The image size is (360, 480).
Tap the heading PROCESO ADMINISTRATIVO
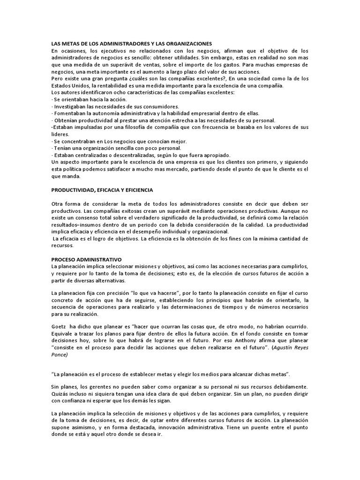pyautogui.click(x=86, y=259)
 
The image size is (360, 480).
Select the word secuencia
pyautogui.click(x=65, y=307)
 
